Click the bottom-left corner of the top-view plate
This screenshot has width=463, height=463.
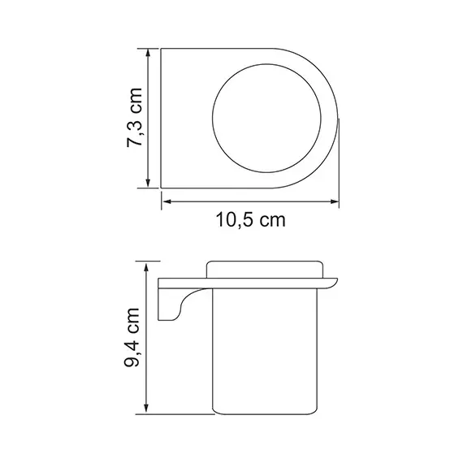pos(162,186)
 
